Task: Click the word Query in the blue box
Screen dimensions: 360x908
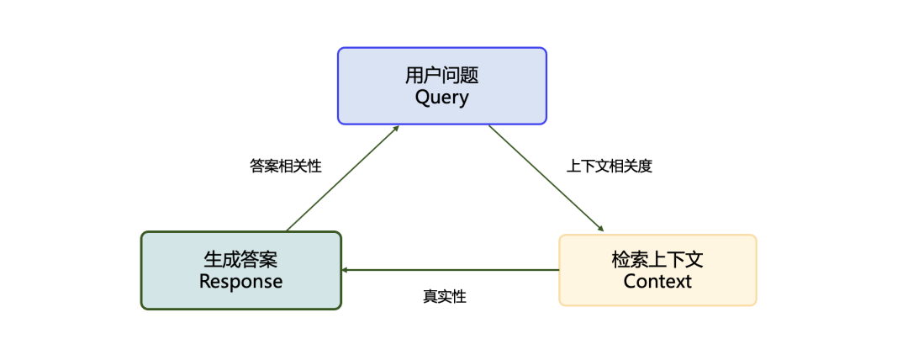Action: [442, 98]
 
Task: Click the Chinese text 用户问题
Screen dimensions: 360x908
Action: [442, 76]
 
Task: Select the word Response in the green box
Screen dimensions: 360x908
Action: [241, 281]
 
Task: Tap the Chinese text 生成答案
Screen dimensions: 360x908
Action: [241, 259]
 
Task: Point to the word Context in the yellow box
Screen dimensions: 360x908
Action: [657, 281]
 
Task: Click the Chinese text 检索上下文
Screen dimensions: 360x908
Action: [657, 259]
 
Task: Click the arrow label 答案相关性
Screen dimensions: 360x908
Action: [286, 166]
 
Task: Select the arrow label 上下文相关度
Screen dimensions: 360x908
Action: [610, 166]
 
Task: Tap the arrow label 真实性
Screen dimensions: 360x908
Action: [445, 297]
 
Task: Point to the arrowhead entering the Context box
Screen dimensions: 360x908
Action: [600, 229]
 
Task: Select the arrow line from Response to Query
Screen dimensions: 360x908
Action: [340, 179]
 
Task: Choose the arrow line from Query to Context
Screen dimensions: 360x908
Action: [545, 177]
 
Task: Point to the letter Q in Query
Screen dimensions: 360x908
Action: [422, 98]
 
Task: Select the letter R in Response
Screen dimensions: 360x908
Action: [204, 281]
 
